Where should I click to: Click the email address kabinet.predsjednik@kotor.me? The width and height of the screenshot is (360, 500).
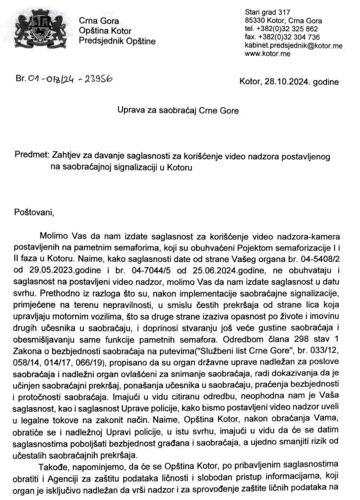click(293, 46)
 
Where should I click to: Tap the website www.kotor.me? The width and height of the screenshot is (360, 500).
click(268, 54)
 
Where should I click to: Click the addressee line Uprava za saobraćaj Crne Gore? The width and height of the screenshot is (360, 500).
click(178, 111)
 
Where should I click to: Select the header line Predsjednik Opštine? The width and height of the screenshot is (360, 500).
click(117, 41)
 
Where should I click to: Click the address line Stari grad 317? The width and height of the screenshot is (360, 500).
click(268, 13)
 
